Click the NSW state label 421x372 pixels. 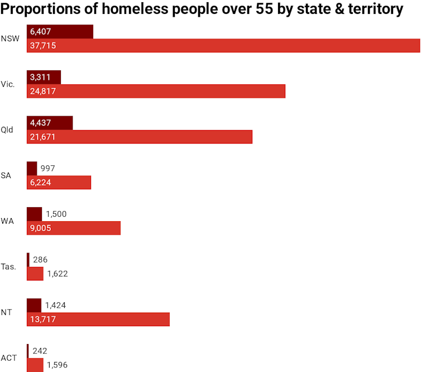pos(10,39)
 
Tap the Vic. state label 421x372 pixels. pos(8,84)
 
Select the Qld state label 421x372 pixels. pos(7,130)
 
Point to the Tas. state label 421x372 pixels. pos(8,266)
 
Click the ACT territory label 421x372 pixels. pos(9,357)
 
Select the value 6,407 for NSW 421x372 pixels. pos(41,32)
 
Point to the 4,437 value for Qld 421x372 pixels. pos(41,123)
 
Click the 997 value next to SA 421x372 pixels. pos(47,168)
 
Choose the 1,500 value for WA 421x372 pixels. pos(56,214)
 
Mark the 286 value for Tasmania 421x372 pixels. pos(40,260)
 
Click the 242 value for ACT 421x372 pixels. pos(40,351)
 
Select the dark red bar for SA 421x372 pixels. pos(32,168)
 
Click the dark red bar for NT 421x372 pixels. pos(34,305)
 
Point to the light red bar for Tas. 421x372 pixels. pos(35,274)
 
